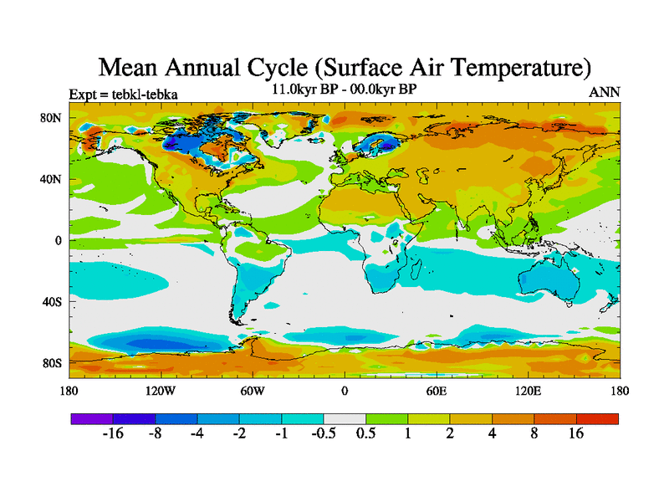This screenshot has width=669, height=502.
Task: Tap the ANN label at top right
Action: (605, 93)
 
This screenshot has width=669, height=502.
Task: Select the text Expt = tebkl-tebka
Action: (123, 94)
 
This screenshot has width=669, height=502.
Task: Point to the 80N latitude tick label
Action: (52, 118)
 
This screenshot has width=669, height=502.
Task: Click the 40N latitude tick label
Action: (52, 179)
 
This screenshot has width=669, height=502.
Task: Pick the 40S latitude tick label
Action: (52, 301)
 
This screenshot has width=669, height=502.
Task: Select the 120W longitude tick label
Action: (160, 391)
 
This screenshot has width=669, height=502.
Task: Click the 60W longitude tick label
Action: (252, 391)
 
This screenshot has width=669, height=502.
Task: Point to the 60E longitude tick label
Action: (437, 391)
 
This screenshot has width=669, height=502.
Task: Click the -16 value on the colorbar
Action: (113, 434)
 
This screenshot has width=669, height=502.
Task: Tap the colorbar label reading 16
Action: (577, 434)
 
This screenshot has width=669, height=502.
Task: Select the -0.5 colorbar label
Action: (323, 434)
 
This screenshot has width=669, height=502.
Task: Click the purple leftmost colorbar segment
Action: (92, 418)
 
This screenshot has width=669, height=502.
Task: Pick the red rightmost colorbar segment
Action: (598, 418)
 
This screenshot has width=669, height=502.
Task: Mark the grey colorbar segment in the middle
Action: (345, 418)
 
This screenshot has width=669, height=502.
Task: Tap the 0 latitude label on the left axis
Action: (58, 240)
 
